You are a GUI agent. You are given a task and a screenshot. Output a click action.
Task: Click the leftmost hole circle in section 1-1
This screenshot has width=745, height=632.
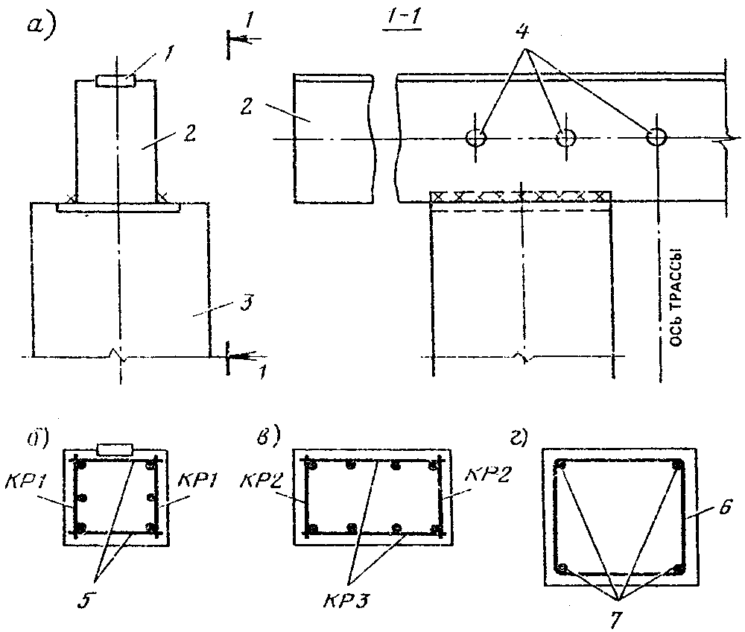475,138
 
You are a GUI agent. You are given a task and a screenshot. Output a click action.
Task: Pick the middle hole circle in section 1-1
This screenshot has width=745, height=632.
565,138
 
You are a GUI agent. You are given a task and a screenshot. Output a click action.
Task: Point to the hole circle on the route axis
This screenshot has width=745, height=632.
657,136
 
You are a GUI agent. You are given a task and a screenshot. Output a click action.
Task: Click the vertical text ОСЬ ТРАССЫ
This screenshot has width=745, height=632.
676,298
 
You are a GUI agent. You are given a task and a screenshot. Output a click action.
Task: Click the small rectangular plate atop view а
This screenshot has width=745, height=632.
116,81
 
